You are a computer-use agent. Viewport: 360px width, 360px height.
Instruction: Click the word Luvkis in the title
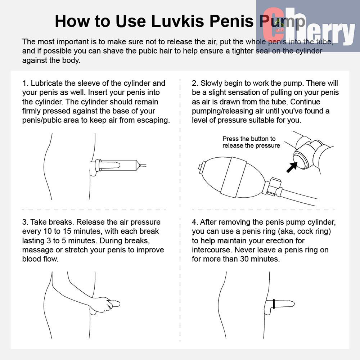178,21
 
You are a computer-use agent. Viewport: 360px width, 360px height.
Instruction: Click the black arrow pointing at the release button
292,167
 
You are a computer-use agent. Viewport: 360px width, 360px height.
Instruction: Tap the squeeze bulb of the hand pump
232,177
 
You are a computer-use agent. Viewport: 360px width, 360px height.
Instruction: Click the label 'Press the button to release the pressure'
251,142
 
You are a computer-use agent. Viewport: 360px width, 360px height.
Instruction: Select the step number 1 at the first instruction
25,83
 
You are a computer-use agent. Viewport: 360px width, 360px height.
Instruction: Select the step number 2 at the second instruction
195,83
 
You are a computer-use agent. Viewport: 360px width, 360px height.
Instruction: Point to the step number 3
25,222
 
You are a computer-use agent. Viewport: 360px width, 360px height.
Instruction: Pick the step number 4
195,222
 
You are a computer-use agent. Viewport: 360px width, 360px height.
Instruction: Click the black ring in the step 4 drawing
274,304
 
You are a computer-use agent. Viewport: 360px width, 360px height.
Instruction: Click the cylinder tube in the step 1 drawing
117,165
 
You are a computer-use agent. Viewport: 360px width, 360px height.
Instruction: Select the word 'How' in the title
71,21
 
